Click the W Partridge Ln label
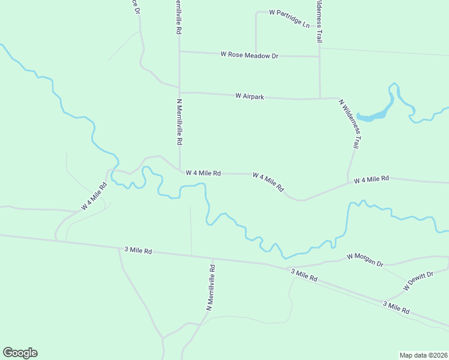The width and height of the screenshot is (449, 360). coord(289,19)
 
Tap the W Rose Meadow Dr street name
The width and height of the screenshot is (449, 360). coord(250,55)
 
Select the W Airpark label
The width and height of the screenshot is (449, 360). coord(250,96)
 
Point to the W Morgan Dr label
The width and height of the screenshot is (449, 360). coord(365,259)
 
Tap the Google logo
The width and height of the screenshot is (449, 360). coord(20,353)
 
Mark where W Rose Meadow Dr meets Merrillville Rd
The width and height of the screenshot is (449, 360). coord(179,52)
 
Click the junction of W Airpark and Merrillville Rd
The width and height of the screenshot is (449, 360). coord(179,92)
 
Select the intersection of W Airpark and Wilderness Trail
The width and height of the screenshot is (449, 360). coord(320,98)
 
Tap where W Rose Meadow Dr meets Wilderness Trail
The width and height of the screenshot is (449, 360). coord(319,57)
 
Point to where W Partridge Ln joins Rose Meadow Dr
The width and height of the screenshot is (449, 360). coord(256,54)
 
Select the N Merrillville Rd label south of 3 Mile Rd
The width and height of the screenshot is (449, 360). coord(211,286)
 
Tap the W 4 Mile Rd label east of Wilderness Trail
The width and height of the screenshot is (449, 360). coord(372,179)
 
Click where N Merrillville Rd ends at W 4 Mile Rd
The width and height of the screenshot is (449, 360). coord(180,170)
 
